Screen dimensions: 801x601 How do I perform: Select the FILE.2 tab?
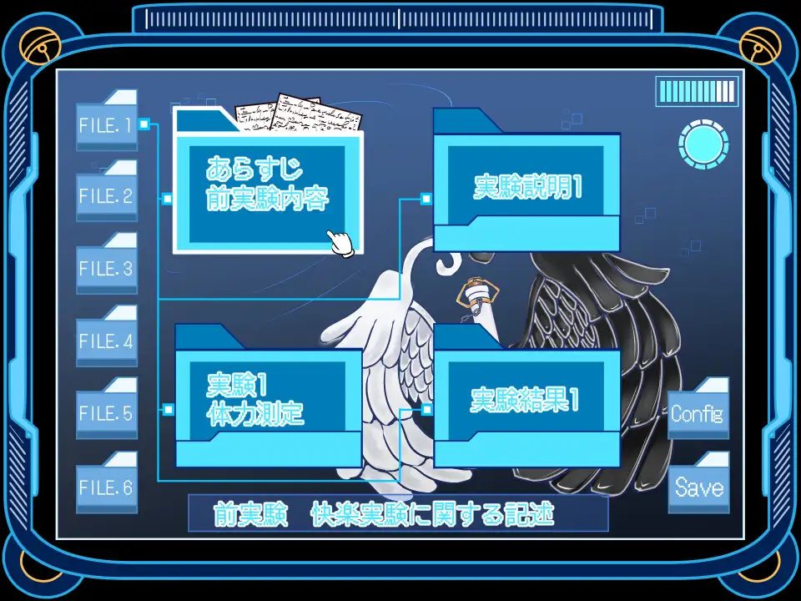tap(106, 197)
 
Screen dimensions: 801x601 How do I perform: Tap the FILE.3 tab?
tap(106, 269)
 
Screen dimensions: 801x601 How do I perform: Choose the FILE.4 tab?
tap(106, 341)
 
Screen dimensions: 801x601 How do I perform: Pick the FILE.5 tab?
tap(106, 413)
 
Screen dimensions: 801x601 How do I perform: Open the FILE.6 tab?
tap(106, 487)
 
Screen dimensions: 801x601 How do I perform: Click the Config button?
tap(698, 413)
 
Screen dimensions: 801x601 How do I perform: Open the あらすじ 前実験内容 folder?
tap(268, 189)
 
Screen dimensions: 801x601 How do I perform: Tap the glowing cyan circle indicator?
tap(703, 144)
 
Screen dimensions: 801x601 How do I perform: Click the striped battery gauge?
tap(697, 92)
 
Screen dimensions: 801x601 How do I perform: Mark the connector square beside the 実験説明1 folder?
tap(426, 199)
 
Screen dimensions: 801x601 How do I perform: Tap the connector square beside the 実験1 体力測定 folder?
tap(169, 410)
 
